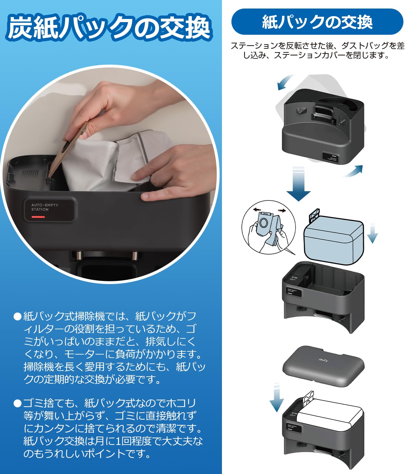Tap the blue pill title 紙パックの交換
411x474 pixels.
click(317, 22)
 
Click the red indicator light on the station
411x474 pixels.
click(38, 217)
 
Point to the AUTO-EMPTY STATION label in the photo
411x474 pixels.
click(45, 207)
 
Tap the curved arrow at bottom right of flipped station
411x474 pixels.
click(353, 171)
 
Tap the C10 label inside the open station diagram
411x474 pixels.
click(294, 277)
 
